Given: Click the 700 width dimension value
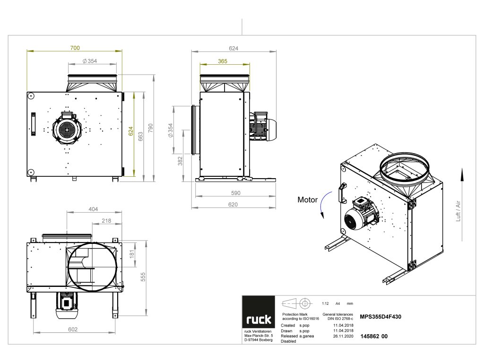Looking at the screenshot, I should (x=75, y=48).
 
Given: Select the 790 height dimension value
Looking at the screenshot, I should (x=151, y=128).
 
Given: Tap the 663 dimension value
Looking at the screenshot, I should (x=141, y=136).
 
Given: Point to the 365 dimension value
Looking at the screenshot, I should (x=223, y=61).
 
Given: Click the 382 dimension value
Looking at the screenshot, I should (x=180, y=162).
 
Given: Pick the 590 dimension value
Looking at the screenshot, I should (x=235, y=193).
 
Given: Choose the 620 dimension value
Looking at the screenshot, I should (x=233, y=205).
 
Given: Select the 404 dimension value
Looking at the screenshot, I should (x=93, y=208).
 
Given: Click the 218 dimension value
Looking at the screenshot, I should (x=106, y=221).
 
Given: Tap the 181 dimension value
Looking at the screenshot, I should (x=132, y=254).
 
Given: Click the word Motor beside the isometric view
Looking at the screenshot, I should (x=307, y=199).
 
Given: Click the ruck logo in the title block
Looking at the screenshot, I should (x=259, y=320).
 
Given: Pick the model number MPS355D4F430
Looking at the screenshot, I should (x=381, y=318).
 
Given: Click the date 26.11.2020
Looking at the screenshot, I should (x=343, y=336).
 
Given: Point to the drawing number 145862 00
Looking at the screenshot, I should (x=374, y=336).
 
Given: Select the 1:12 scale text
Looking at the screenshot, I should (x=325, y=303).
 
